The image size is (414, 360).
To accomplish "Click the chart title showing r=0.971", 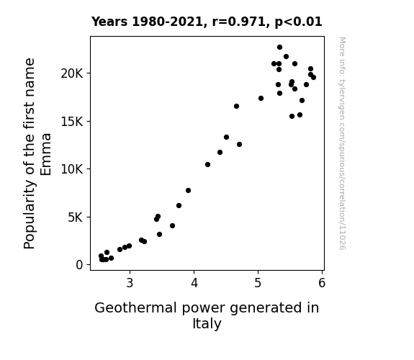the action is pyautogui.click(x=207, y=22).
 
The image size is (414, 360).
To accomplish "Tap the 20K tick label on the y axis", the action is pyautogui.click(x=72, y=73).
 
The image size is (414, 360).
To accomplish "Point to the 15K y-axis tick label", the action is pyautogui.click(x=72, y=122).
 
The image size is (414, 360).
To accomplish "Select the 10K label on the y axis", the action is pyautogui.click(x=72, y=169).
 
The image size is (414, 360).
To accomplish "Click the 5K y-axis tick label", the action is pyautogui.click(x=76, y=217).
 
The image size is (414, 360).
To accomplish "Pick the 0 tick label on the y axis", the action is pyautogui.click(x=79, y=265).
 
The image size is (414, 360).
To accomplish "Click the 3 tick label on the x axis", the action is pyautogui.click(x=130, y=283).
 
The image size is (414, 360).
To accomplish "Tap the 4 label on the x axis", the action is pyautogui.click(x=194, y=283).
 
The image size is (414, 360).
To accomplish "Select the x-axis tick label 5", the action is pyautogui.click(x=258, y=283).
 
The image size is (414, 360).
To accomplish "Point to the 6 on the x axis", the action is pyautogui.click(x=322, y=283).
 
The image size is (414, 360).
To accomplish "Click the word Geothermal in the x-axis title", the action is pyautogui.click(x=135, y=308).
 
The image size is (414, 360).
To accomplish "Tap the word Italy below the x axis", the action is pyautogui.click(x=207, y=324).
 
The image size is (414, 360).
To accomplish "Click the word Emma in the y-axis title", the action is pyautogui.click(x=46, y=154).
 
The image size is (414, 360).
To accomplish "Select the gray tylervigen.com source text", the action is pyautogui.click(x=343, y=143).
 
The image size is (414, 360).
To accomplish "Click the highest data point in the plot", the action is pyautogui.click(x=279, y=48).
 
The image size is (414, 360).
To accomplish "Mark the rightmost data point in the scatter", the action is pyautogui.click(x=313, y=77).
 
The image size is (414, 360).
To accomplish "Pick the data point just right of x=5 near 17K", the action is pyautogui.click(x=261, y=98).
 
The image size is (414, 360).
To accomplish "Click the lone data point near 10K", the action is pyautogui.click(x=207, y=165).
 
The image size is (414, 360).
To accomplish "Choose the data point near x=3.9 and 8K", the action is pyautogui.click(x=188, y=190).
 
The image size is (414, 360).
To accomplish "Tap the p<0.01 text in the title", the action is pyautogui.click(x=298, y=22).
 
